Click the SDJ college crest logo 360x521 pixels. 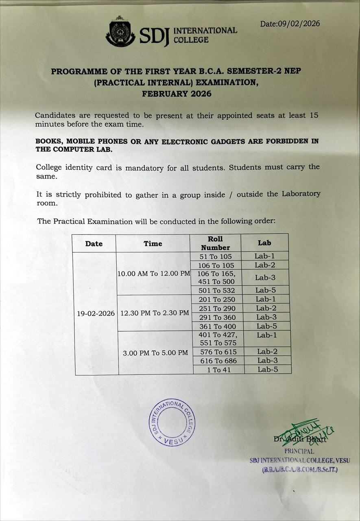click(x=120, y=32)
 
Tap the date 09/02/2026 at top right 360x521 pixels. click(x=290, y=24)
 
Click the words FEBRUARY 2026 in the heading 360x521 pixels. click(x=177, y=94)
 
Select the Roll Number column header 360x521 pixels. click(x=215, y=243)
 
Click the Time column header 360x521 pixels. click(x=153, y=243)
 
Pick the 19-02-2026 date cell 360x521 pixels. click(x=96, y=313)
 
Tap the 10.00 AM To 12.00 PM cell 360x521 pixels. click(x=154, y=274)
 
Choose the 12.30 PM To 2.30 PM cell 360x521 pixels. click(x=155, y=313)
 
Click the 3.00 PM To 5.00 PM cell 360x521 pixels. click(x=155, y=352)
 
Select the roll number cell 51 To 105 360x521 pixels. click(x=216, y=256)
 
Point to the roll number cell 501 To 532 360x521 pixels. click(x=217, y=291)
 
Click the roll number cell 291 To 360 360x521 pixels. click(x=217, y=317)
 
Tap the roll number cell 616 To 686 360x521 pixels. click(x=218, y=361)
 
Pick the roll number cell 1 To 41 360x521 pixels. click(x=218, y=370)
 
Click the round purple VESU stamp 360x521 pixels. click(x=172, y=422)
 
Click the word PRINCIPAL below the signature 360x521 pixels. click(x=299, y=451)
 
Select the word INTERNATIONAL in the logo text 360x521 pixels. click(x=205, y=31)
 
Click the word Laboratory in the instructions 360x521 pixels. click(x=300, y=194)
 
